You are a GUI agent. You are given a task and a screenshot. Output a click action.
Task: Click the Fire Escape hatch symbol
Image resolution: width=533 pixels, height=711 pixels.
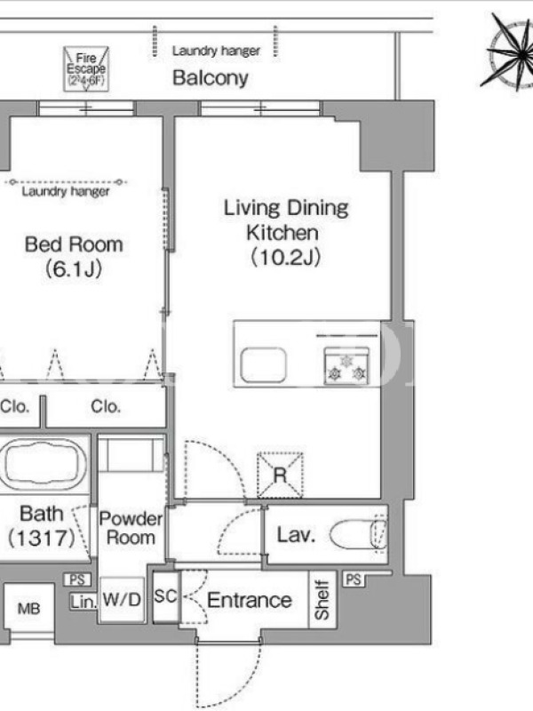pyautogui.click(x=86, y=68)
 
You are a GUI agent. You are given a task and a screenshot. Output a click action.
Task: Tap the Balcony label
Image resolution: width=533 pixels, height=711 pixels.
pyautogui.click(x=211, y=78)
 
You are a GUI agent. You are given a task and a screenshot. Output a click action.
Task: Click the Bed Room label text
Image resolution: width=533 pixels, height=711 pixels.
pyautogui.click(x=74, y=245)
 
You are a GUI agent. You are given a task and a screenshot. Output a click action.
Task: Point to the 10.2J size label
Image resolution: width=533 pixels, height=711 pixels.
pyautogui.click(x=285, y=258)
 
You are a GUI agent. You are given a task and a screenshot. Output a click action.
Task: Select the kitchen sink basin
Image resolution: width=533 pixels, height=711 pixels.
pyautogui.click(x=263, y=365)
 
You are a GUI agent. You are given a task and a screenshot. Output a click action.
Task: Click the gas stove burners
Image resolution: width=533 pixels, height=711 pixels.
pyautogui.click(x=346, y=366)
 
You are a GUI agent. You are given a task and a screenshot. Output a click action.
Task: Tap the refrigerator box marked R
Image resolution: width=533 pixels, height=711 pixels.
pyautogui.click(x=280, y=475)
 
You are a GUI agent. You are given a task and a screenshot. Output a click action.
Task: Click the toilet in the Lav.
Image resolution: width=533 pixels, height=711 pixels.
pyautogui.click(x=359, y=534)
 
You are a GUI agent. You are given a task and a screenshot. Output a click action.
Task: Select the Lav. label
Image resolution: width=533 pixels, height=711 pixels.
pyautogui.click(x=296, y=535)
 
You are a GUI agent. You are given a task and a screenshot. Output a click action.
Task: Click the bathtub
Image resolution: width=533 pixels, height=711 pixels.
pyautogui.click(x=44, y=463)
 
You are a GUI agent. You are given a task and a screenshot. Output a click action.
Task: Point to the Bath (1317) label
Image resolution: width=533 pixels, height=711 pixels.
pyautogui.click(x=41, y=526)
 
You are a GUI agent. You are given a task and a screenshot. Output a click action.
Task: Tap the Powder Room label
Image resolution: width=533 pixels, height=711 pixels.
pyautogui.click(x=131, y=528)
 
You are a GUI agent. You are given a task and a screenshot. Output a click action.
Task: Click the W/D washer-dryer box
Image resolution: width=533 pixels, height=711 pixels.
pyautogui.click(x=122, y=599)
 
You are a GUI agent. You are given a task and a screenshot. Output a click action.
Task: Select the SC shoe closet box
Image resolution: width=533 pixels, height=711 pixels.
pyautogui.click(x=166, y=596)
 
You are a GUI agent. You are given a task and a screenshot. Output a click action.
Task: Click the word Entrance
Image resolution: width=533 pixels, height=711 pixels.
pyautogui.click(x=250, y=601)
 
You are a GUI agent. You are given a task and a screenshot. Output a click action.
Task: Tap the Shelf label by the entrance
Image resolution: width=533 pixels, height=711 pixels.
pyautogui.click(x=322, y=599)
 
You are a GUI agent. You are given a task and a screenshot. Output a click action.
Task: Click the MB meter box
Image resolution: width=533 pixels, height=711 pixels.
pyautogui.click(x=29, y=608)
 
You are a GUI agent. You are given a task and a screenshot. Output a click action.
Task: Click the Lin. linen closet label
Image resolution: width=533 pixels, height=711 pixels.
pyautogui.click(x=84, y=602)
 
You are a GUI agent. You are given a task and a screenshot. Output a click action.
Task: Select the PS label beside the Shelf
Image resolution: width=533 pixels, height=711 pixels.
pyautogui.click(x=353, y=579)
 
